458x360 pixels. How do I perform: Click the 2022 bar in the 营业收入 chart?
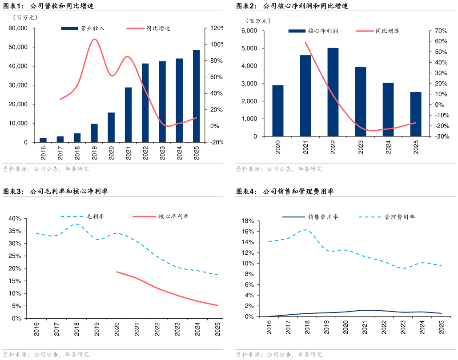coord(145,103)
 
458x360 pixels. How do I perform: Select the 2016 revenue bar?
coord(43,140)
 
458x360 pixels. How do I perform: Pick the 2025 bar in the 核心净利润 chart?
coord(416,114)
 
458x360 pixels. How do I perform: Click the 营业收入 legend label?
coord(92,28)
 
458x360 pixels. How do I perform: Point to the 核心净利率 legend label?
coord(174,216)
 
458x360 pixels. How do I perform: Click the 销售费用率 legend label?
coord(323,217)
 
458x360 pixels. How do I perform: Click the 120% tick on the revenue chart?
coord(217,28)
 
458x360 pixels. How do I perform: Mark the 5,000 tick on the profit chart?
coord(249,48)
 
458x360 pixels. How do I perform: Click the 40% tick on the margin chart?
coord(15,218)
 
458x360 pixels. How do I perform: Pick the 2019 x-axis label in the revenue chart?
coord(94,153)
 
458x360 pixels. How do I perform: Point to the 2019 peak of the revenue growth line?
coord(94,39)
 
